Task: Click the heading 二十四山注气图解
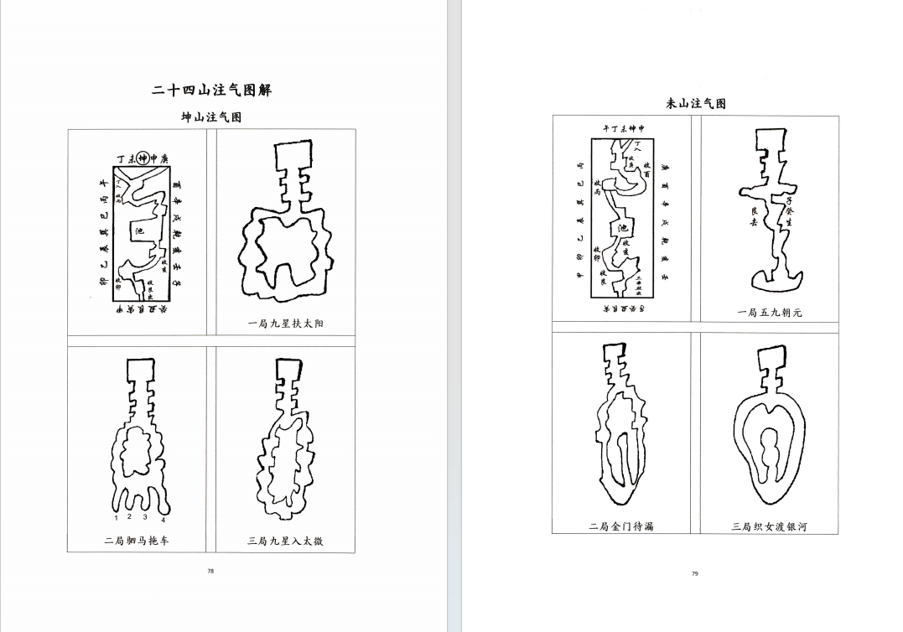click(x=211, y=91)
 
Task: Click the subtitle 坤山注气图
click(x=211, y=117)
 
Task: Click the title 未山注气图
click(x=695, y=104)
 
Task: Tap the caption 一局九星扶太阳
click(x=285, y=324)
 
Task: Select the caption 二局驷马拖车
click(x=137, y=541)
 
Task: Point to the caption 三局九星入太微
click(x=285, y=541)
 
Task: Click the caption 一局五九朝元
click(x=769, y=313)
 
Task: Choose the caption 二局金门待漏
click(x=620, y=526)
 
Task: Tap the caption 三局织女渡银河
click(x=769, y=526)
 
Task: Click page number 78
click(x=210, y=571)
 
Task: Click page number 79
click(x=695, y=573)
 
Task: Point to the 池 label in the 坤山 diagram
click(x=137, y=231)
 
